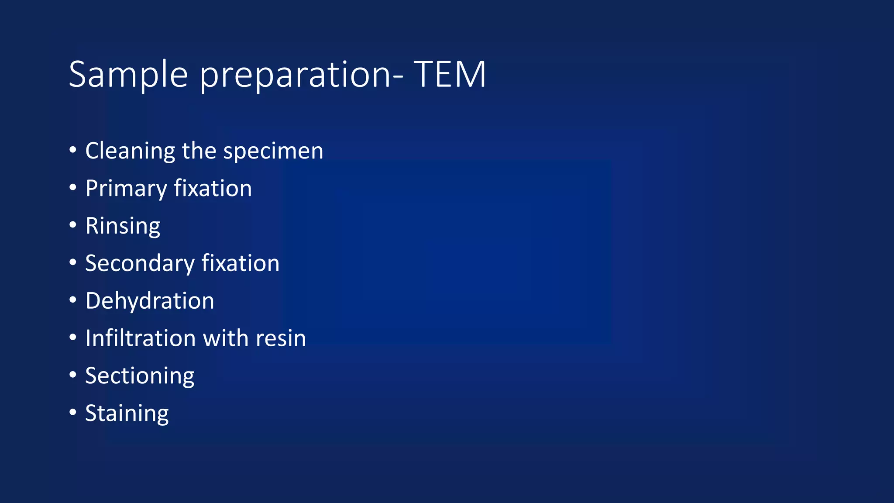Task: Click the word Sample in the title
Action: tap(128, 75)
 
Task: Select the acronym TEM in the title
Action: tap(450, 75)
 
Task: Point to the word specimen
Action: tap(273, 151)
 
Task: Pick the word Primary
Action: tap(126, 189)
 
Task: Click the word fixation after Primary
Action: tap(213, 189)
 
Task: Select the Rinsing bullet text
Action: tap(123, 226)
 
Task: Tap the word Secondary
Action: tap(140, 264)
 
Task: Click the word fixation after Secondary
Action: tap(241, 264)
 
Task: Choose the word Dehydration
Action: tap(150, 301)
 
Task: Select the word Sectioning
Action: tap(140, 376)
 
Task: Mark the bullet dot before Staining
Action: tap(73, 412)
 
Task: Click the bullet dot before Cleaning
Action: tap(73, 150)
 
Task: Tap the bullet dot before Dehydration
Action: tap(73, 300)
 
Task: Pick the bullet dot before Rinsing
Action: tap(73, 225)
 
